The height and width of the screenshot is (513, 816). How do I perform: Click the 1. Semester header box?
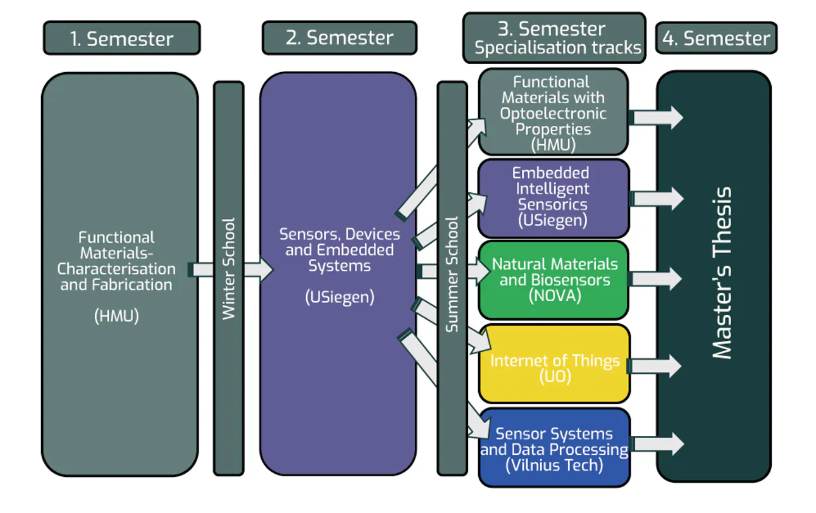pos(121,38)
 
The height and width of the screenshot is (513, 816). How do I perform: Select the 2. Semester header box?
pos(339,38)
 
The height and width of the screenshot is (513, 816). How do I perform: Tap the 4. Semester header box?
pos(716,39)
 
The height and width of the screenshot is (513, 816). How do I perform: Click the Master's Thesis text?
pos(722,273)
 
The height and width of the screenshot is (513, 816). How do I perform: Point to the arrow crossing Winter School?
pos(231,270)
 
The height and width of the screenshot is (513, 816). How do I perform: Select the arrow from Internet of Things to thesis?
pos(657,366)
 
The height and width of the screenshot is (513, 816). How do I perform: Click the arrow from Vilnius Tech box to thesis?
pos(658,443)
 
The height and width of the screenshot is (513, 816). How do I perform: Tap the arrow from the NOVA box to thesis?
pos(657,278)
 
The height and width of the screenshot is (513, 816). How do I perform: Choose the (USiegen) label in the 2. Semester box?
pos(339,297)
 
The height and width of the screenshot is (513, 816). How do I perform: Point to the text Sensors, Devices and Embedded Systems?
pos(339,250)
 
